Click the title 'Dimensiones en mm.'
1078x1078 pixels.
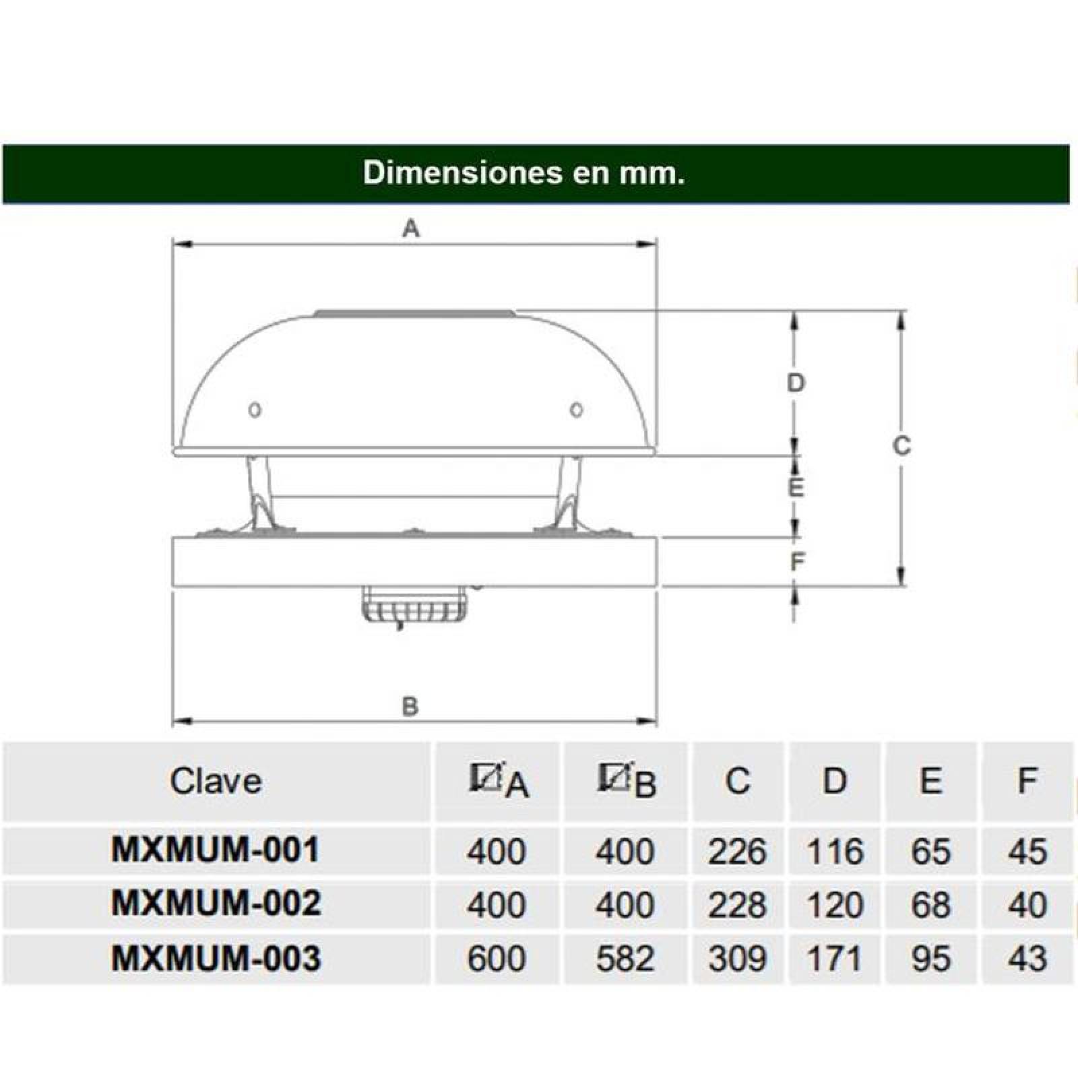(x=524, y=173)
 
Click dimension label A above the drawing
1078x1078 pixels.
(x=411, y=229)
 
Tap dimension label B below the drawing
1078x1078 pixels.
(x=410, y=707)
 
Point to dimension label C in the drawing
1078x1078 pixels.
(x=901, y=446)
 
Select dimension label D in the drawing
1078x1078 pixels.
(x=796, y=383)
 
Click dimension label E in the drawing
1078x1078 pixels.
(x=796, y=487)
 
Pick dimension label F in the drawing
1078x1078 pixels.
(x=797, y=561)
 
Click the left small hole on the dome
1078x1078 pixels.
(x=255, y=410)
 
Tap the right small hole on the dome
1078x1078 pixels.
(x=576, y=409)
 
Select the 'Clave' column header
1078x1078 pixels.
(x=216, y=782)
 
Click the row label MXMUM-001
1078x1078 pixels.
(x=216, y=850)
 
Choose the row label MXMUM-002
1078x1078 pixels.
(x=216, y=904)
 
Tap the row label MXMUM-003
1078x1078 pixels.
(x=216, y=958)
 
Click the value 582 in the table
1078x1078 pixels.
(x=625, y=959)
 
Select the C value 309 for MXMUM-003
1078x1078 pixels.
(x=737, y=959)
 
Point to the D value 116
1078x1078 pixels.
(x=834, y=851)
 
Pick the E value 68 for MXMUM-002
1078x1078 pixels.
(x=930, y=905)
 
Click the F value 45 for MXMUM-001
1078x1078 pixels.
(x=1027, y=851)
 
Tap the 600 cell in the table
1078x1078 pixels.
(x=496, y=959)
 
